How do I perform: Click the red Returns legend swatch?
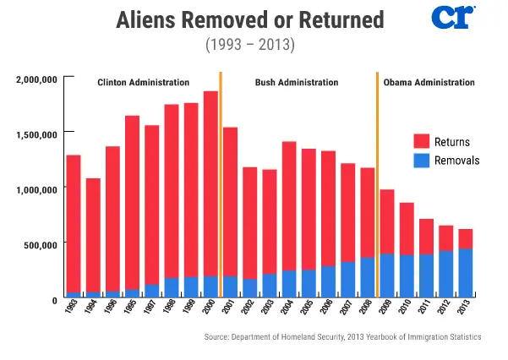pyautogui.click(x=422, y=141)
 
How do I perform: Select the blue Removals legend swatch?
pyautogui.click(x=422, y=159)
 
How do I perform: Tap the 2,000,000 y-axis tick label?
pyautogui.click(x=36, y=79)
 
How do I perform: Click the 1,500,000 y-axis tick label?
pyautogui.click(x=36, y=134)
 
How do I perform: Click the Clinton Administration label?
pyautogui.click(x=143, y=83)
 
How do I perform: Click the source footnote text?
pyautogui.click(x=342, y=337)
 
